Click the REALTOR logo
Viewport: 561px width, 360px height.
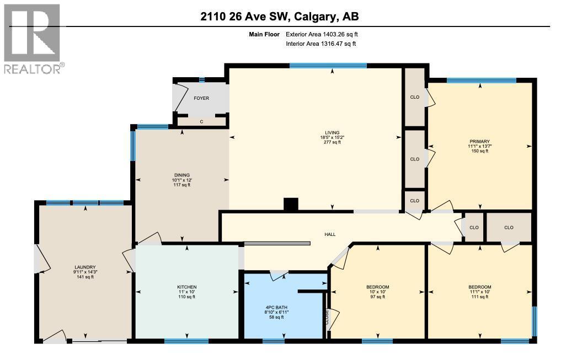pyautogui.click(x=34, y=39)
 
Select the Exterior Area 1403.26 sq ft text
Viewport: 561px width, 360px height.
pyautogui.click(x=322, y=34)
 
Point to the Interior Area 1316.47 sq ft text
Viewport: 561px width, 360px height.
pyautogui.click(x=321, y=44)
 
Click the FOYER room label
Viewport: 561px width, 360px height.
pyautogui.click(x=201, y=98)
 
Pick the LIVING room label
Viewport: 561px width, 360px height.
pyautogui.click(x=332, y=133)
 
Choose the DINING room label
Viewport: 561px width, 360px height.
pyautogui.click(x=181, y=175)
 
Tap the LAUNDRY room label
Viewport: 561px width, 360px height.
pyautogui.click(x=85, y=267)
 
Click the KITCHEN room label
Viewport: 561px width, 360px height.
pyautogui.click(x=187, y=287)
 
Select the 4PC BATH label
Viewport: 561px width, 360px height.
pyautogui.click(x=276, y=308)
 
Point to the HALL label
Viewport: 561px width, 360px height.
pyautogui.click(x=330, y=234)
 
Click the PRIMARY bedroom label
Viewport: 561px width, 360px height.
pyautogui.click(x=480, y=142)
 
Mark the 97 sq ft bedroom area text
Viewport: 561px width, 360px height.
pyautogui.click(x=378, y=297)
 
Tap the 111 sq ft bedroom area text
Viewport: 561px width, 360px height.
pyautogui.click(x=480, y=297)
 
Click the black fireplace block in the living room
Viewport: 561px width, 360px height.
pyautogui.click(x=291, y=205)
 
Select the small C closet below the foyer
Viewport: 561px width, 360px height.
pyautogui.click(x=202, y=122)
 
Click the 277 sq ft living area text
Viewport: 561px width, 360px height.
pyautogui.click(x=332, y=142)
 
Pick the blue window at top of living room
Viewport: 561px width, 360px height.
pyautogui.click(x=328, y=66)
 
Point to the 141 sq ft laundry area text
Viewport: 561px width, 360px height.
pyautogui.click(x=85, y=277)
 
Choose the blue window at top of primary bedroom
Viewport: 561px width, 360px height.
pyautogui.click(x=482, y=80)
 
